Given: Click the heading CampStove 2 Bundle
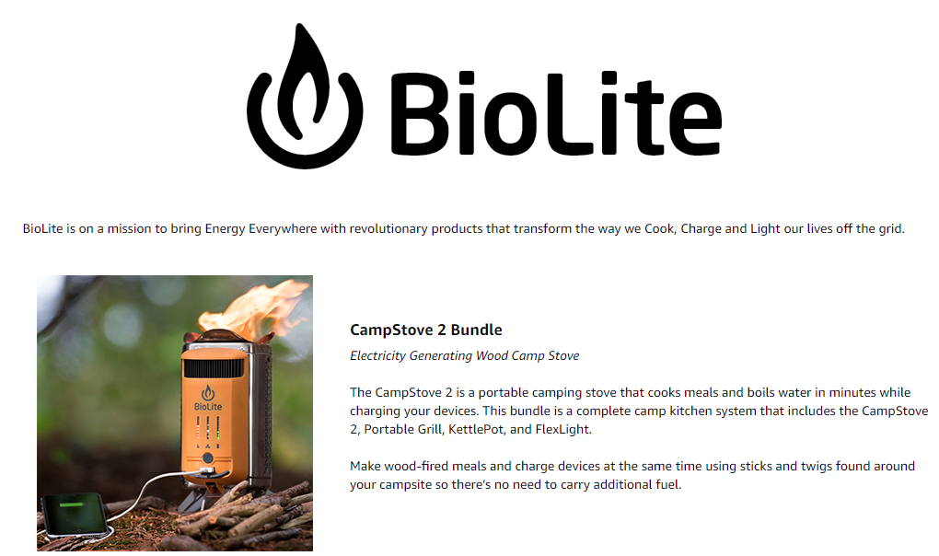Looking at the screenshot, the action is click(x=426, y=330).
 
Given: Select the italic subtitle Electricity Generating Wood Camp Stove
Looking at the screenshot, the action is click(x=464, y=355).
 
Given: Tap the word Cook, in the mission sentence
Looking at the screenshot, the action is click(x=660, y=228).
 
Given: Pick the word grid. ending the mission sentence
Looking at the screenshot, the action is click(x=892, y=228).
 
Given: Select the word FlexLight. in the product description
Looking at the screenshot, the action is click(x=563, y=429).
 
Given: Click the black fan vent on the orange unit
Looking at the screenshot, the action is click(x=214, y=367).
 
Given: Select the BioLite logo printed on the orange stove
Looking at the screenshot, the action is click(x=208, y=399).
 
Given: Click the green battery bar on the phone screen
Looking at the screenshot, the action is click(x=72, y=504).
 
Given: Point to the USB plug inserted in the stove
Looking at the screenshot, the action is click(x=205, y=470).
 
